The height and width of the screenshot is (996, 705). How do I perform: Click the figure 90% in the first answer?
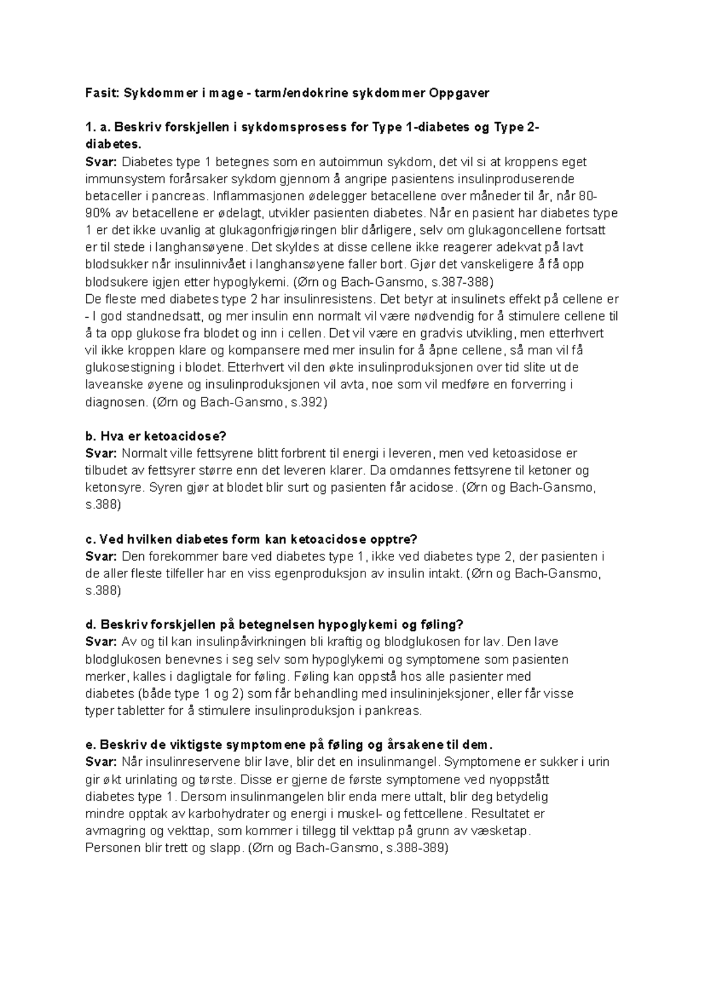98,213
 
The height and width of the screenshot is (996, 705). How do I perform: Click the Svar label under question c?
101,556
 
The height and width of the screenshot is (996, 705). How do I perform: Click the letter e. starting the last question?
90,745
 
